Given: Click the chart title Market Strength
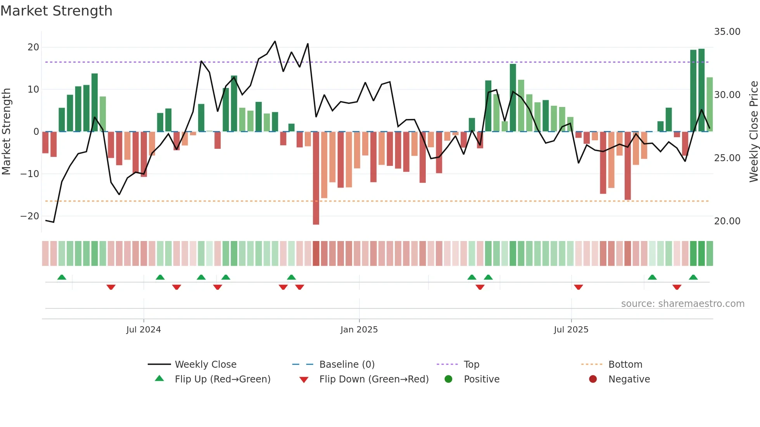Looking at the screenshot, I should click(56, 11).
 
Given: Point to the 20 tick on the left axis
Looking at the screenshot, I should click(33, 47).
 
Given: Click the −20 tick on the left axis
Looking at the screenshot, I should click(30, 216).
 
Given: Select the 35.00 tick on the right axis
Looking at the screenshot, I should click(727, 32).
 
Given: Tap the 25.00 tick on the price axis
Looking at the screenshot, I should click(727, 158).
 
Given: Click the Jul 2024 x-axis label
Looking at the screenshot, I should click(143, 330).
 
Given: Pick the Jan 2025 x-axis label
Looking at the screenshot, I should click(359, 330).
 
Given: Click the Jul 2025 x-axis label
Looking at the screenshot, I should click(571, 330).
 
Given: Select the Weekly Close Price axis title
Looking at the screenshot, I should click(753, 132).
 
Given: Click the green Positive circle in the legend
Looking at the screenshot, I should click(449, 379).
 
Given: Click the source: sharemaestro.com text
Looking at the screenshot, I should click(682, 304).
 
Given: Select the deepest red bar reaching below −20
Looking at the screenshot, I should click(316, 178).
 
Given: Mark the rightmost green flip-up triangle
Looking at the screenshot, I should click(693, 277).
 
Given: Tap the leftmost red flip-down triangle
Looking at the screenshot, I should click(111, 287).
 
